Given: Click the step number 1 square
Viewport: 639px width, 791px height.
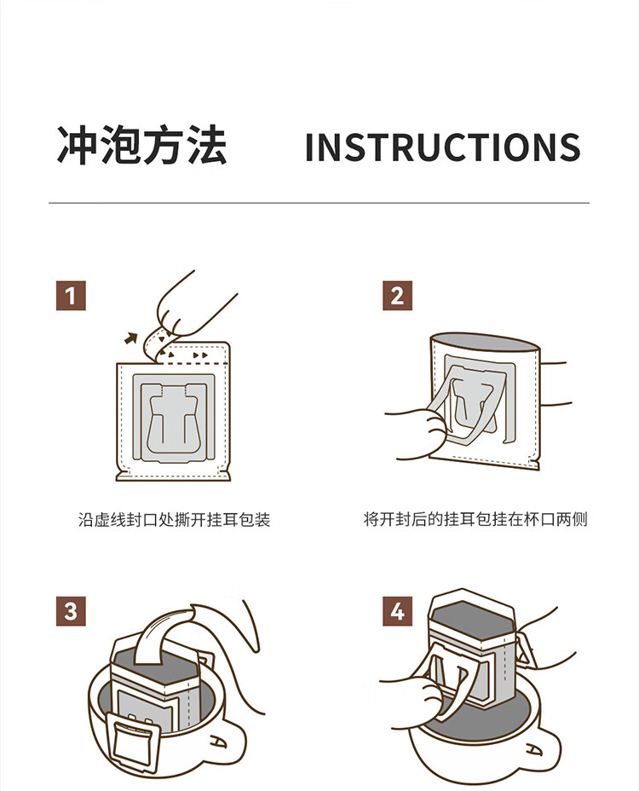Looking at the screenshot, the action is tap(71, 296).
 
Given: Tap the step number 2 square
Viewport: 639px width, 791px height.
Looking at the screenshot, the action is tap(397, 296).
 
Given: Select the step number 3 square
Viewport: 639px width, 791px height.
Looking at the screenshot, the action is tap(71, 611).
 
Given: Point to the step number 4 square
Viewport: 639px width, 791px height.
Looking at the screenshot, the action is tap(397, 611).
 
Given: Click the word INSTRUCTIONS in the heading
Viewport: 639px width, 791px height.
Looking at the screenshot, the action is tap(443, 147).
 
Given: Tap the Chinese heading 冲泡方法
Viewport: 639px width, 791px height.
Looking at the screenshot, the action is tap(141, 145).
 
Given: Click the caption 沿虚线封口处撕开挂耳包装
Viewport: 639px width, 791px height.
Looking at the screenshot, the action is tap(174, 520).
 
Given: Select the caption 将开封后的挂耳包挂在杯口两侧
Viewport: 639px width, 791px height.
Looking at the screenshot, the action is tap(475, 519).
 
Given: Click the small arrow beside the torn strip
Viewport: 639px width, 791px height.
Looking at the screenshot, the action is tap(131, 338).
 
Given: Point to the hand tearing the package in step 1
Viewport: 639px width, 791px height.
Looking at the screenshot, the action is tap(194, 308).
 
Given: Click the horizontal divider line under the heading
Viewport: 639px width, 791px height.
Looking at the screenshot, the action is tap(319, 203).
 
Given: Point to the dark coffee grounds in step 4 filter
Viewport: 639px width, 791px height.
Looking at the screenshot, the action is tap(471, 616).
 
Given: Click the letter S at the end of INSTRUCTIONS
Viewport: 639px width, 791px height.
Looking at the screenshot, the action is tap(570, 147).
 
